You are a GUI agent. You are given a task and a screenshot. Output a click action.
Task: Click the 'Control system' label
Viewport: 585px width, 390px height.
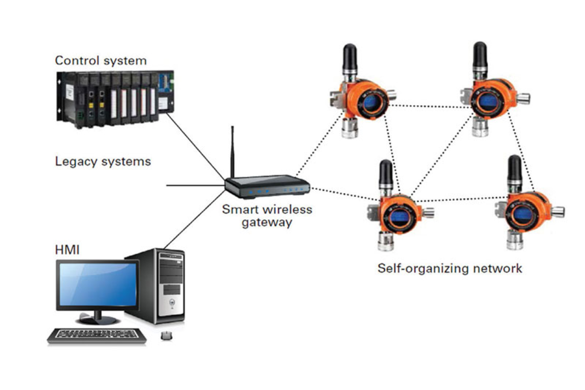pyautogui.click(x=101, y=60)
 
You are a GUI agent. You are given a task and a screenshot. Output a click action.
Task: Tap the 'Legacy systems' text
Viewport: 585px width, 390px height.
pyautogui.click(x=103, y=161)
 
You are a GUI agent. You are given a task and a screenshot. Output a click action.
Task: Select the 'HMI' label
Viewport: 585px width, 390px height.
pyautogui.click(x=67, y=250)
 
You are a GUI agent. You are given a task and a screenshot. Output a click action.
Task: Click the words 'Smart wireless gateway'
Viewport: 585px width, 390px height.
pyautogui.click(x=267, y=216)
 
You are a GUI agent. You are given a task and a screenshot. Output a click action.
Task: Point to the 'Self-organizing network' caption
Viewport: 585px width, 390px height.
pyautogui.click(x=450, y=268)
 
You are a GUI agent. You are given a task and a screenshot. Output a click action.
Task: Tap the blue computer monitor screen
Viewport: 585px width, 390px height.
pyautogui.click(x=98, y=284)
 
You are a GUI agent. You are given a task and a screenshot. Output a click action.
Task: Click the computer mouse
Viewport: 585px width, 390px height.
pyautogui.click(x=166, y=336)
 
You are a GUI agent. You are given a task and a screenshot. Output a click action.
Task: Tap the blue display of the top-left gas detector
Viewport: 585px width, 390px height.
pyautogui.click(x=371, y=103)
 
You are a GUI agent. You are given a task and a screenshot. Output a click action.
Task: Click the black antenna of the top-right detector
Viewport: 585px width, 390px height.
pyautogui.click(x=480, y=55)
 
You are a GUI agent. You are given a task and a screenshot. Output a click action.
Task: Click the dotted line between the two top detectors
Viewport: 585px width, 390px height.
pyautogui.click(x=430, y=106)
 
